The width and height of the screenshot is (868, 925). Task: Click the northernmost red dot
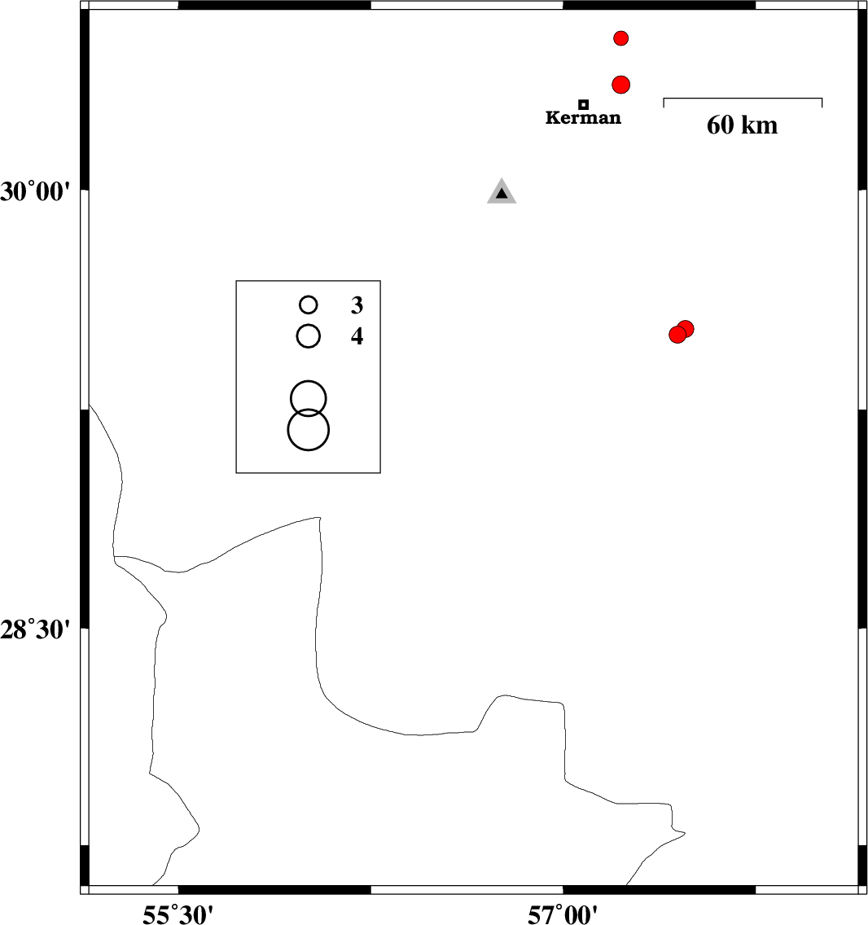click(x=620, y=38)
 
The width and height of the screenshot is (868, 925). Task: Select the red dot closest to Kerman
click(x=620, y=85)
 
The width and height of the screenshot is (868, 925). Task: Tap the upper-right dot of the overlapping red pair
click(x=685, y=329)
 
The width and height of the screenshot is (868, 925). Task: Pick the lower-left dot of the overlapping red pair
click(x=677, y=335)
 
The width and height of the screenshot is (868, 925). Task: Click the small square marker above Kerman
click(x=583, y=104)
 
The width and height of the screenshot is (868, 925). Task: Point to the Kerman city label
click(x=583, y=118)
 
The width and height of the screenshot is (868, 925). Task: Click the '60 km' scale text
click(x=743, y=125)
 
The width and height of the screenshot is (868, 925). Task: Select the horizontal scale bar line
click(x=743, y=98)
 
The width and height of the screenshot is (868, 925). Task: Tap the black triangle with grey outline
click(x=502, y=191)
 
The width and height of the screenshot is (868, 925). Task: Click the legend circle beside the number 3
click(x=309, y=305)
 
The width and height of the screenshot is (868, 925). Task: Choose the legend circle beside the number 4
click(x=309, y=336)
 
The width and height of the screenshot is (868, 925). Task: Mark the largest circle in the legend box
click(x=309, y=430)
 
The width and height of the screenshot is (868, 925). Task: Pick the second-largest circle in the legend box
click(x=309, y=399)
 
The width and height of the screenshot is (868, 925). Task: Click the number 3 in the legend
click(x=357, y=305)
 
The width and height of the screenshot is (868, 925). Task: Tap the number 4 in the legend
click(x=357, y=336)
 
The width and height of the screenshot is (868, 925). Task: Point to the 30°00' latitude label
click(x=35, y=192)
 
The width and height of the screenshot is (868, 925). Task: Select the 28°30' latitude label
click(x=35, y=630)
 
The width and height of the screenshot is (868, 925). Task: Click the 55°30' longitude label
click(x=178, y=915)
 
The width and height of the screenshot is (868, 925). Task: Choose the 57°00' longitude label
click(x=563, y=915)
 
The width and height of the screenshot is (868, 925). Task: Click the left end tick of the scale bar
click(x=664, y=103)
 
